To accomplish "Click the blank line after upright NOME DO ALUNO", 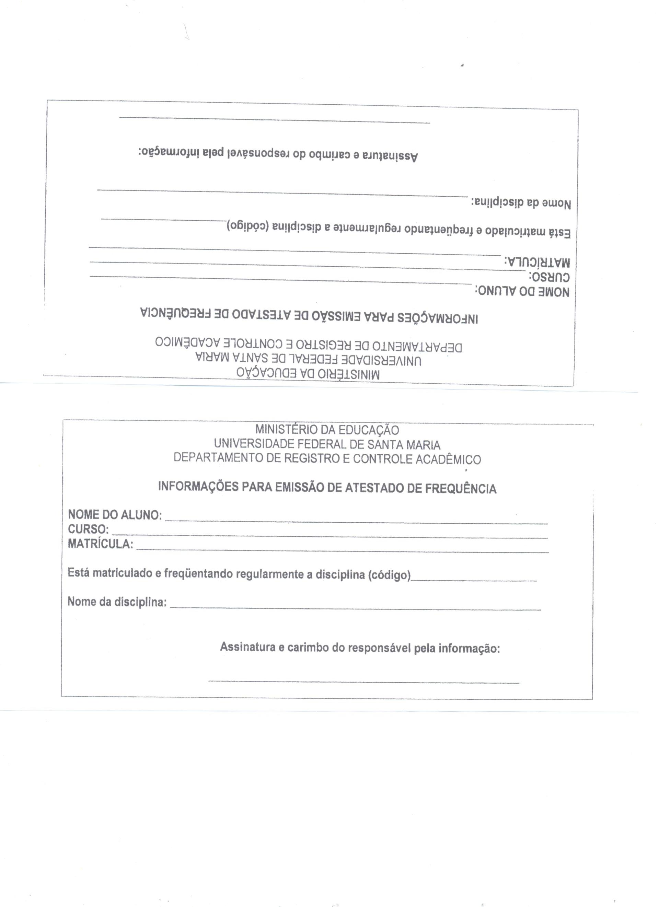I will click(356, 522).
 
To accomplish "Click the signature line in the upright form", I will click(363, 682).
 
